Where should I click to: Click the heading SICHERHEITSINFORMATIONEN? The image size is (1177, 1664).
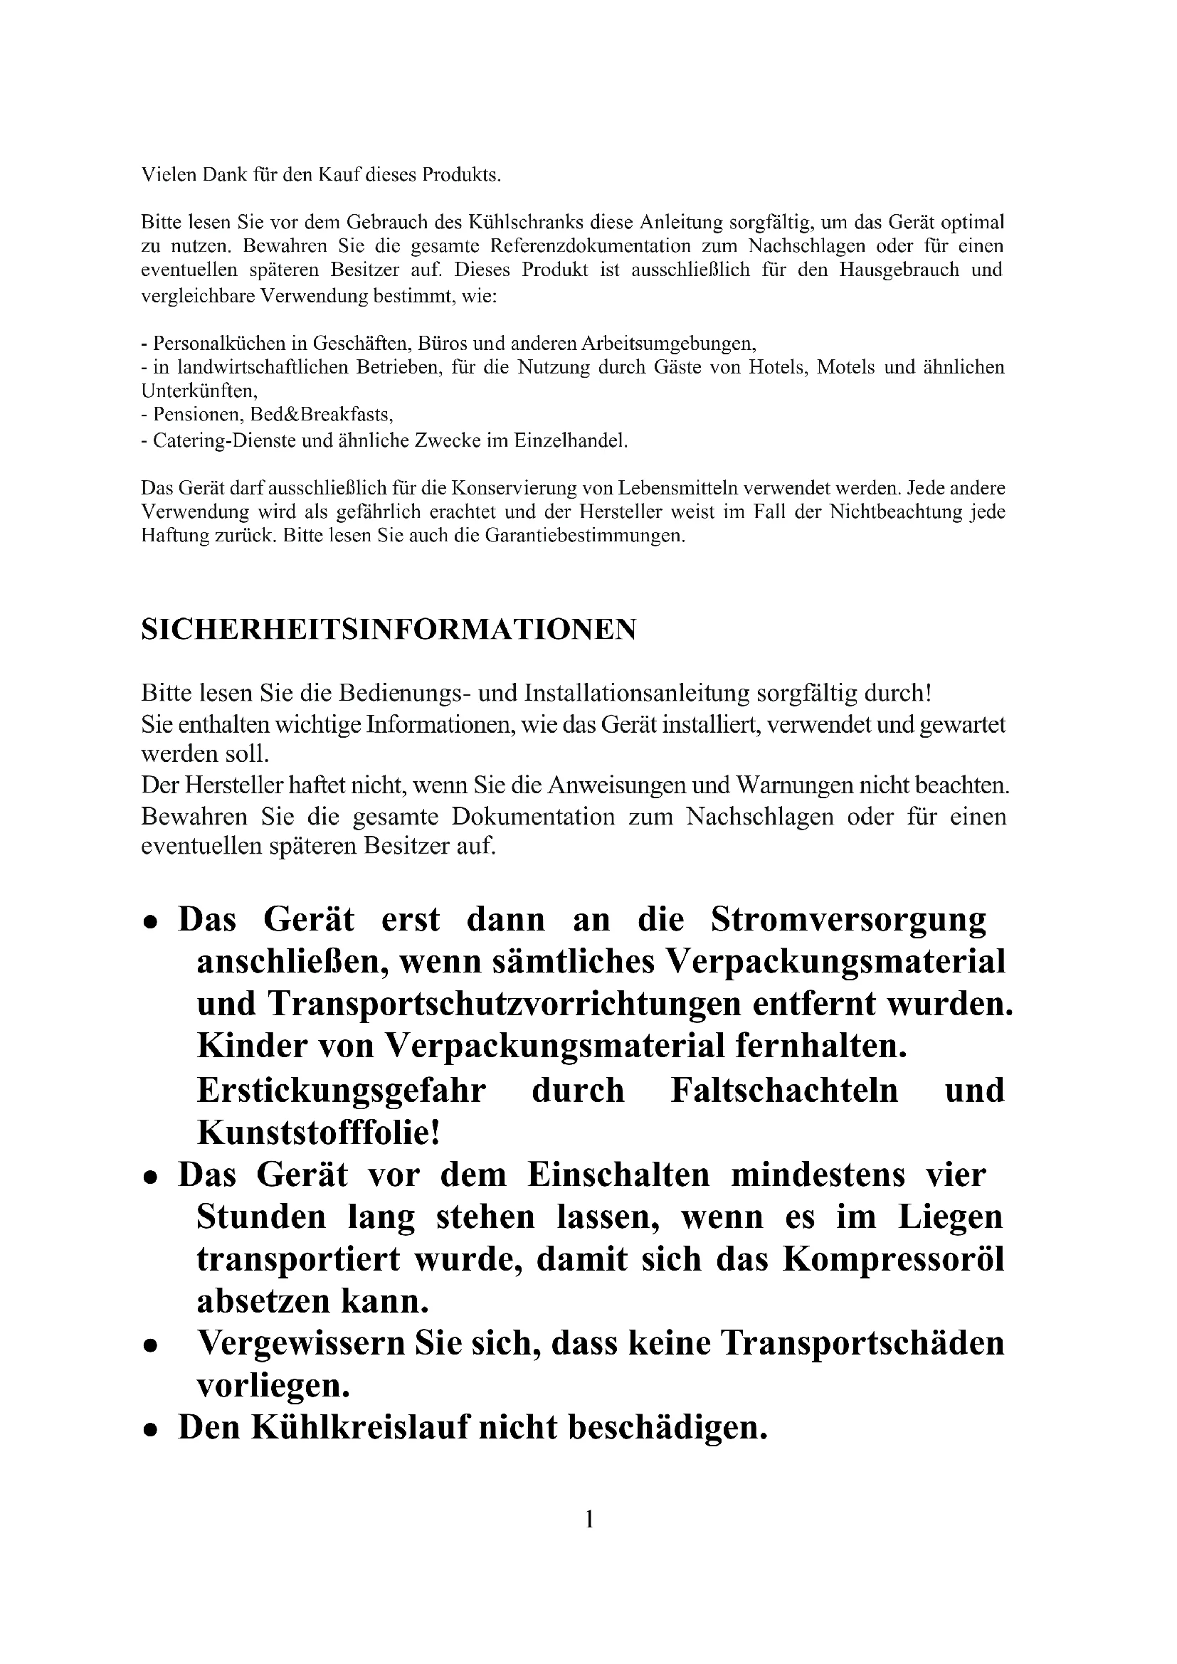click(389, 629)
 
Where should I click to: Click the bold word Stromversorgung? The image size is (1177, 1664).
click(848, 919)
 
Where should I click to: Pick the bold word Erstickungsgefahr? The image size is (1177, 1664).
click(341, 1089)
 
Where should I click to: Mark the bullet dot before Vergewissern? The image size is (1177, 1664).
click(150, 1346)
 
